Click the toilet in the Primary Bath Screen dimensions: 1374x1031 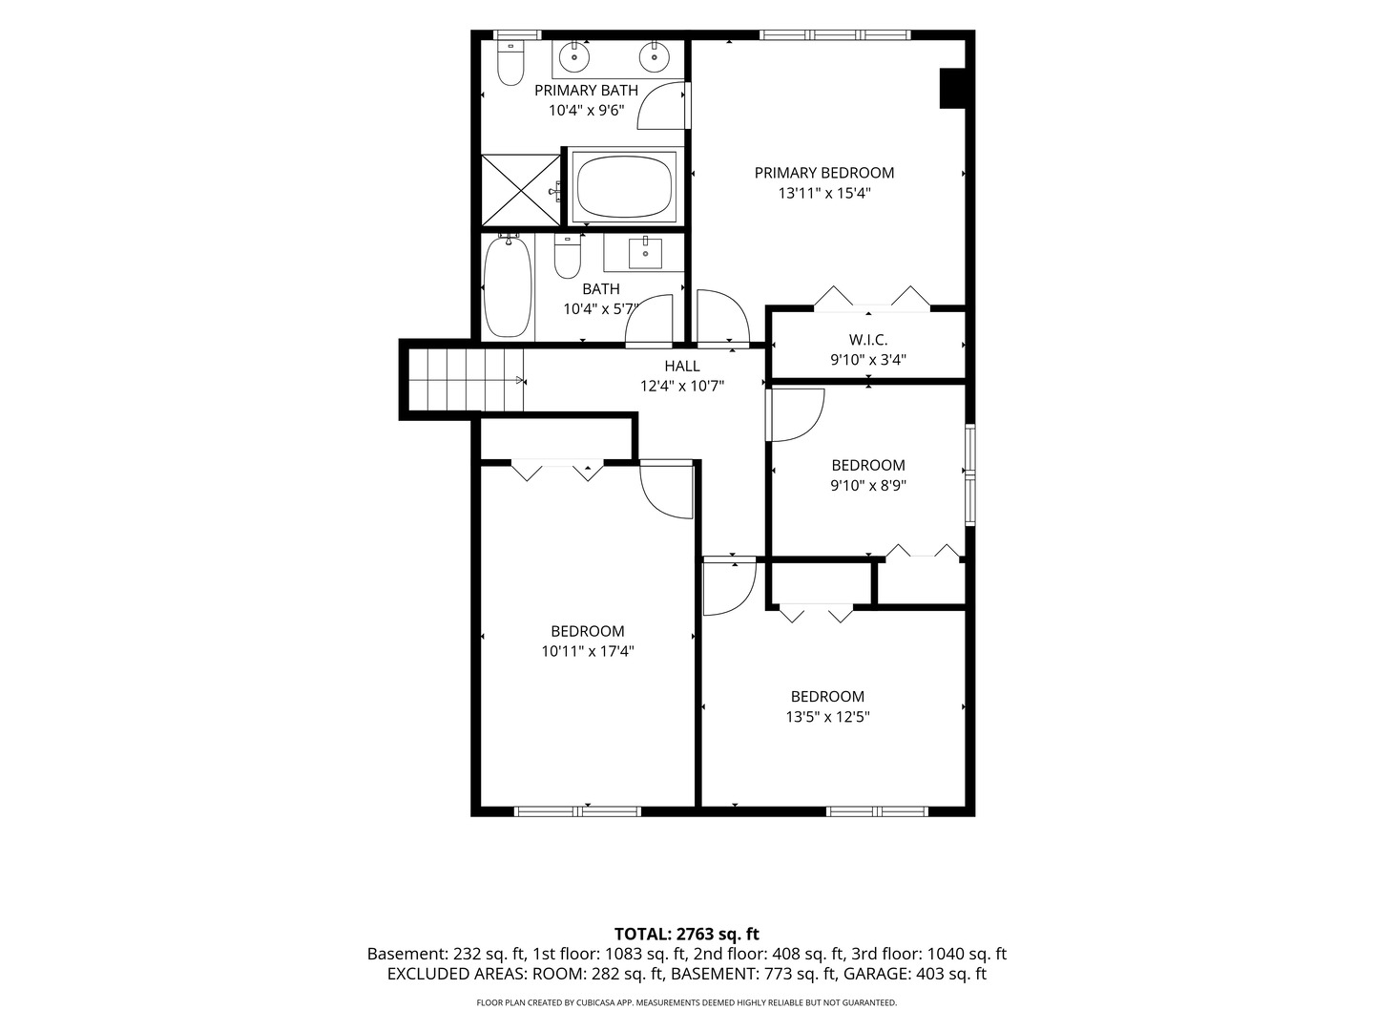[x=510, y=63]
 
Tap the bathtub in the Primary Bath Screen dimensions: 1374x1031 [x=625, y=186]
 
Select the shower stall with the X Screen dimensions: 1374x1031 [x=520, y=190]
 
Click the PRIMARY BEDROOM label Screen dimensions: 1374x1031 [x=823, y=173]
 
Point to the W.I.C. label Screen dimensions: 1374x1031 [x=868, y=340]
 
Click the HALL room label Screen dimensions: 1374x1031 [x=681, y=367]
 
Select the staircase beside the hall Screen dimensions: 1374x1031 [x=466, y=380]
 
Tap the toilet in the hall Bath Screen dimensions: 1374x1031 [x=568, y=257]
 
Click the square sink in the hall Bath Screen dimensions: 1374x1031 [x=645, y=253]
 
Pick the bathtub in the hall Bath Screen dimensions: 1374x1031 [x=509, y=286]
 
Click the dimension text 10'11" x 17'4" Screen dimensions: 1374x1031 [x=587, y=651]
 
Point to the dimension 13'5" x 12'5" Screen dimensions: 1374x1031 [x=827, y=717]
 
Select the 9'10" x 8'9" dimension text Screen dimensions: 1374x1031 [x=868, y=485]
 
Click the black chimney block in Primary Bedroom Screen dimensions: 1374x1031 [x=953, y=88]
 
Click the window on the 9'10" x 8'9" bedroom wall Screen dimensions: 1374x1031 [x=969, y=474]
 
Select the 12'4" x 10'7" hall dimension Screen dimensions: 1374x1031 [x=681, y=386]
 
